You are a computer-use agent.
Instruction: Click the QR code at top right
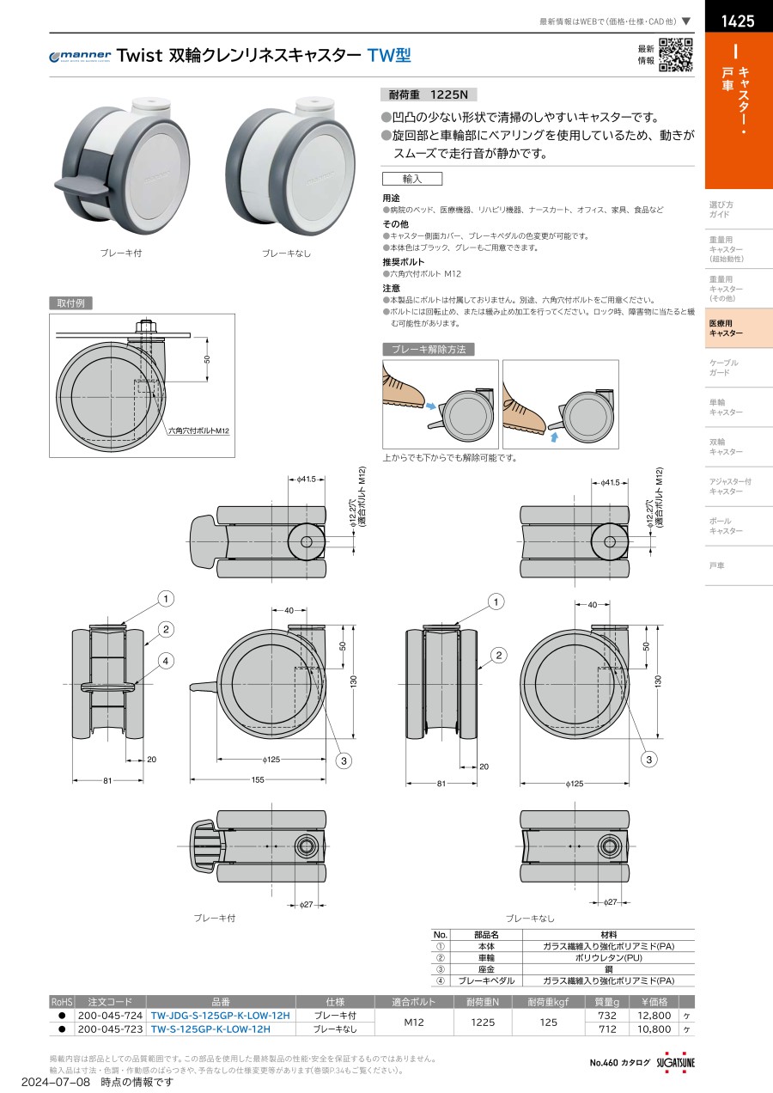pos(676,55)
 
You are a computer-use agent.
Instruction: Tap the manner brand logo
pos(80,56)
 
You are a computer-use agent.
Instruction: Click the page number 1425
pos(738,21)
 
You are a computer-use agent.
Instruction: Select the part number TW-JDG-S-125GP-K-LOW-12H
pos(221,1016)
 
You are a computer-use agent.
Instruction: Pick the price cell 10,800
pos(654,1029)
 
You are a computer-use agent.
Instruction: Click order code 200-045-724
pos(110,1016)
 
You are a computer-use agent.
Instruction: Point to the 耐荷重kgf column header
pos(548,1002)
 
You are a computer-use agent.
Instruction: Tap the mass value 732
pos(607,1016)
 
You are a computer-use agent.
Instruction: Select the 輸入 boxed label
pos(412,179)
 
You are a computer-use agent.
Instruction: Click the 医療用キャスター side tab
pos(739,328)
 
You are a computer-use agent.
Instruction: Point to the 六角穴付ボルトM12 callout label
pos(198,430)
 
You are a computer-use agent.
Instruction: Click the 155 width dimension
pos(258,779)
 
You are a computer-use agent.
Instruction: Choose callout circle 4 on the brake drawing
pos(166,661)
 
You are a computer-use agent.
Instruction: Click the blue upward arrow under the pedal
pos(554,437)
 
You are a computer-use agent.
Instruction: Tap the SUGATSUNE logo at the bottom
pos(675,1062)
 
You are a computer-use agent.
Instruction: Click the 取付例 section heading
pos(70,303)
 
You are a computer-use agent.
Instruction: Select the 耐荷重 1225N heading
pos(429,95)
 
